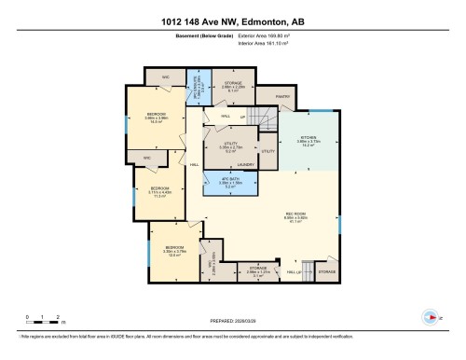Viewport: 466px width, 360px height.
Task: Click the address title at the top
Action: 232,21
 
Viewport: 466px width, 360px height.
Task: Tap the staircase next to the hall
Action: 267,119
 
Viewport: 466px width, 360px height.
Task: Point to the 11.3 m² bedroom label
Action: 159,193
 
